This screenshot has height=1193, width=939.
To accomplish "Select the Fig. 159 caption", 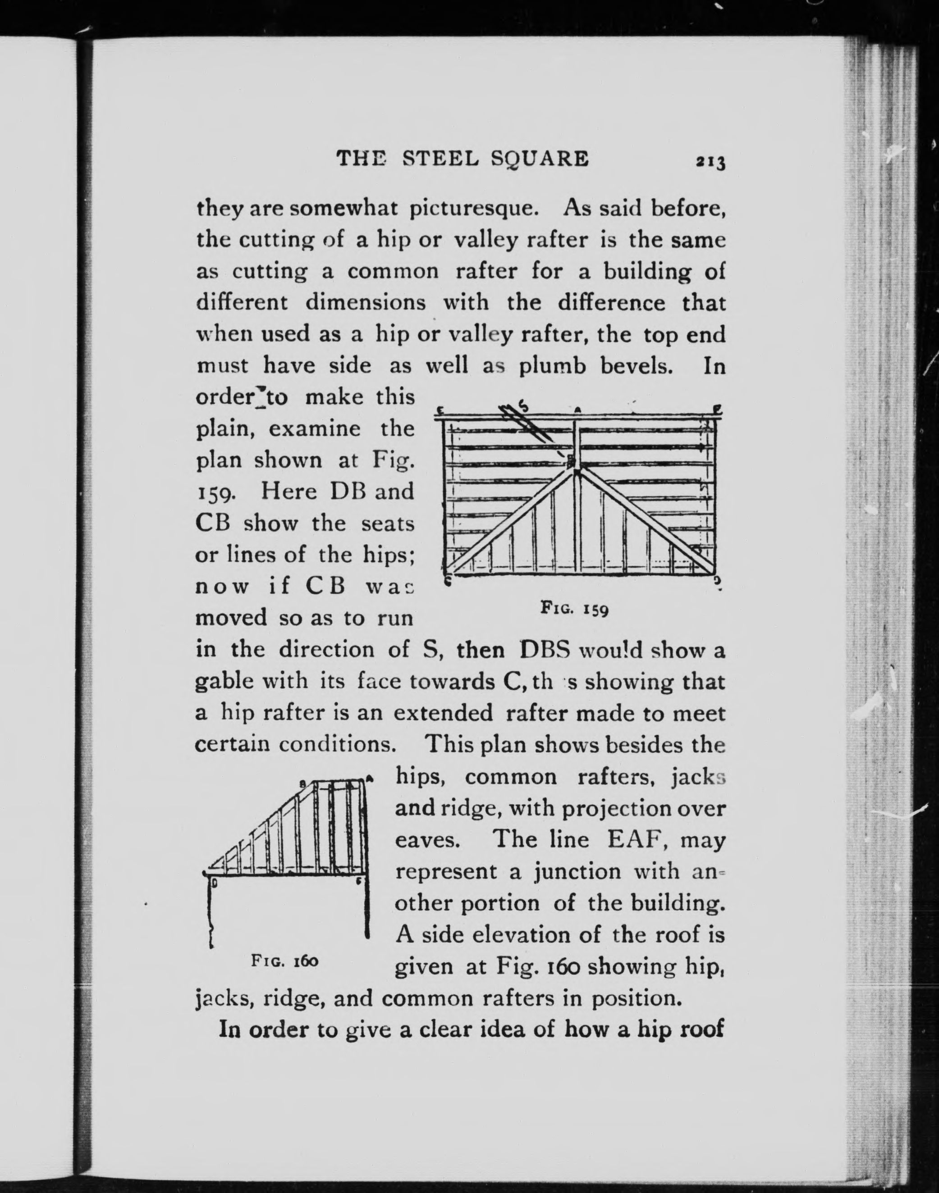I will pos(574,608).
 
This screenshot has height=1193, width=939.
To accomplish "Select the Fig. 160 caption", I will pos(285,961).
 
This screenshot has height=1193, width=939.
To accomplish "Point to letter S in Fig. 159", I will pos(524,407).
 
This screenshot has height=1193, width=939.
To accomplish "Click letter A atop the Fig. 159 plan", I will pos(578,410).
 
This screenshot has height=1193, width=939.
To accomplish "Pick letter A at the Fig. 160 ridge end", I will pos(370,778).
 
